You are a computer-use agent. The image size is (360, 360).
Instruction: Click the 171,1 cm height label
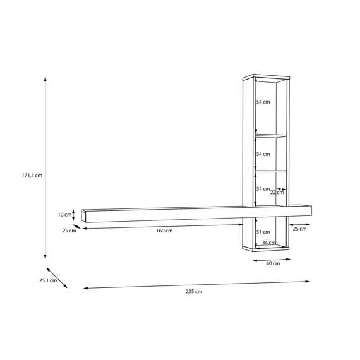(31, 176)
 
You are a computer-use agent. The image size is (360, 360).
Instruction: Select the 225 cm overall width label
(194, 291)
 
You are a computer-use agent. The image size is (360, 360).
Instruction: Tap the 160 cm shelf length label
(164, 231)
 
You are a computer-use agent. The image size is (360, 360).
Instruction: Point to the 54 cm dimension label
(263, 102)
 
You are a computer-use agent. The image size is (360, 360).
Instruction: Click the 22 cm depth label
(276, 192)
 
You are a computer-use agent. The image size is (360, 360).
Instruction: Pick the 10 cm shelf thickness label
(64, 215)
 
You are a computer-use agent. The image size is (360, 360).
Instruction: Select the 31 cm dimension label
(263, 232)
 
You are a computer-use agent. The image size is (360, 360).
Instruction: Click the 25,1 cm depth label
(48, 280)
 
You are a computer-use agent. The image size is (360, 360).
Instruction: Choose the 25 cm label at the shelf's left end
(69, 231)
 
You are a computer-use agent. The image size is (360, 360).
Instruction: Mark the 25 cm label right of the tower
(299, 229)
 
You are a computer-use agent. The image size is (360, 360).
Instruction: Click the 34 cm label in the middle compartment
(263, 154)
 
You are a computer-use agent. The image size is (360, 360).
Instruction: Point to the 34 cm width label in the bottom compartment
(269, 243)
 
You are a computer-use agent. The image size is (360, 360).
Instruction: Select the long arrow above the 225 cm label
(196, 284)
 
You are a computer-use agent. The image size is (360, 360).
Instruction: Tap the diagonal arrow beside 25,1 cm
(57, 277)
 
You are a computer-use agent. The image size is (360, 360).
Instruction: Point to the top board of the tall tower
(265, 78)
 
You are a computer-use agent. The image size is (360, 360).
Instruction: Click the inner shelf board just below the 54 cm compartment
(270, 136)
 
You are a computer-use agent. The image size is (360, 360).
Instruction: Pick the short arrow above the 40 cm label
(272, 256)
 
